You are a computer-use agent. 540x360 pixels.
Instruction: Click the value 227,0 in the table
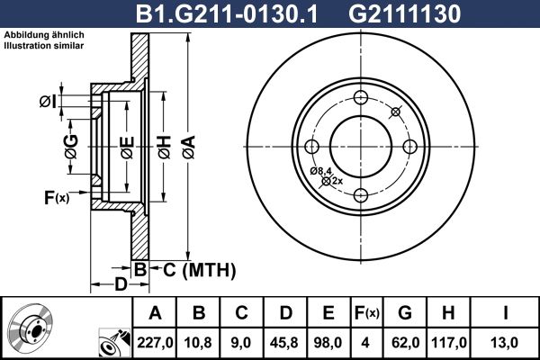155,341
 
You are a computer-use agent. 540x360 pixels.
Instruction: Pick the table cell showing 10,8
198,341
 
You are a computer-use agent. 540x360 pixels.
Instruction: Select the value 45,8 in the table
284,341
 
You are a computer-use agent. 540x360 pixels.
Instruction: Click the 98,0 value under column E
328,341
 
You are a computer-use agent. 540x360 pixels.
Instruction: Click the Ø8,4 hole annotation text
321,171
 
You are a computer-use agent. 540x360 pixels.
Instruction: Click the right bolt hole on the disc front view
409,147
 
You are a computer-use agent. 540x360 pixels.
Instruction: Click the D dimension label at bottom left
121,285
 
